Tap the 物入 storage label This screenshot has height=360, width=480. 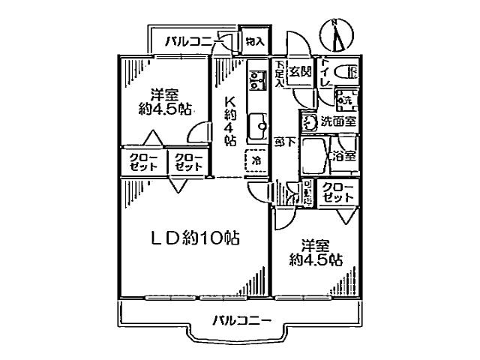click(254, 42)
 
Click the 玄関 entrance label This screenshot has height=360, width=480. click(301, 72)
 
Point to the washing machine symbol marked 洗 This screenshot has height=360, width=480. click(346, 98)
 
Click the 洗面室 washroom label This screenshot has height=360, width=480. click(339, 121)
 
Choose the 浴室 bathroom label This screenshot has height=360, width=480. click(345, 157)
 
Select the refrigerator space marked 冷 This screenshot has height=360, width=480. click(256, 160)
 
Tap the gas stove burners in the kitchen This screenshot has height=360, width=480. click(256, 79)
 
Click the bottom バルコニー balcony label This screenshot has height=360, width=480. click(241, 321)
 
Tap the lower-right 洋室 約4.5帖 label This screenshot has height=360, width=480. click(316, 253)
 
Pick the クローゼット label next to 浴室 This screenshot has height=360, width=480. click(338, 191)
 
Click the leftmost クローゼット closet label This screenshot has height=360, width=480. click(142, 162)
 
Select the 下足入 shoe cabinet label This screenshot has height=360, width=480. click(279, 73)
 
